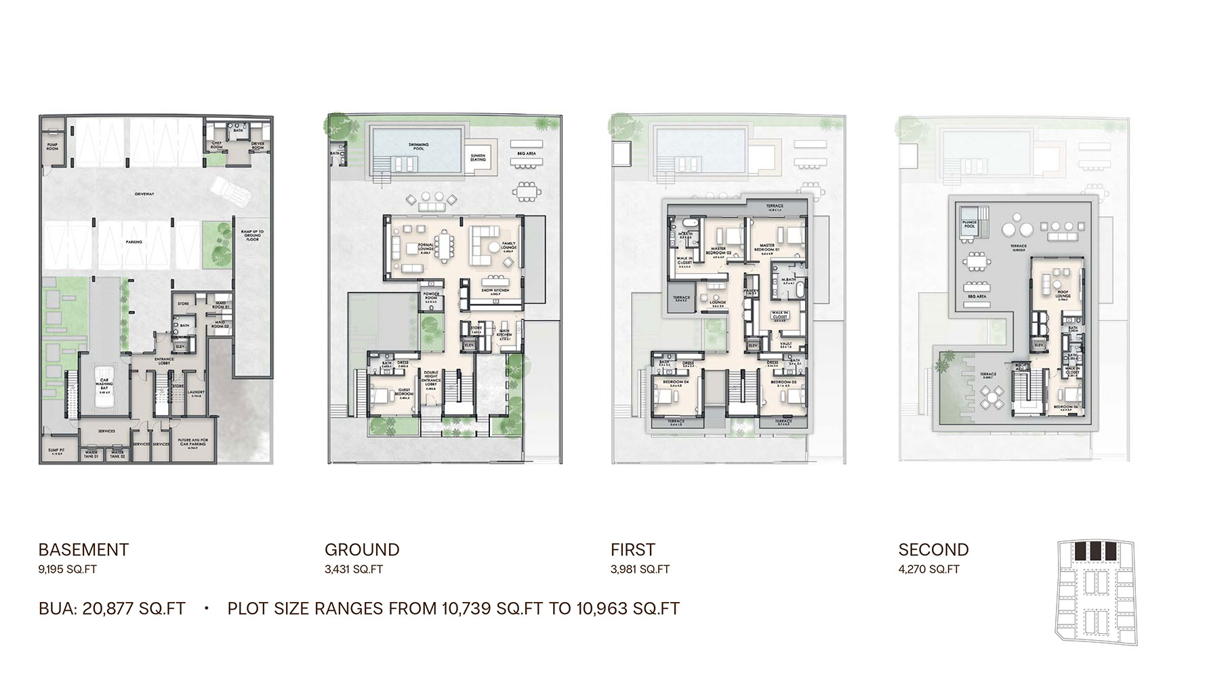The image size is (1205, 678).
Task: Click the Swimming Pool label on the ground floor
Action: coord(418,146)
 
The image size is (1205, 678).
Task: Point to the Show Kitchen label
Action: coord(495,291)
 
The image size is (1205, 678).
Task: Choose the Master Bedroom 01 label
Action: coord(767,247)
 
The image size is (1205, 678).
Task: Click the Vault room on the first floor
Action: coord(786,344)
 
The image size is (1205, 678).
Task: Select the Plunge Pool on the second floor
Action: coord(970,225)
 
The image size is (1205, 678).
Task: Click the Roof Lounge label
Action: coord(1063,294)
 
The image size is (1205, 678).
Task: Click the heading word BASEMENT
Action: coord(83,549)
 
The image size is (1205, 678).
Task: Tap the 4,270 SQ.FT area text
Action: coord(928,570)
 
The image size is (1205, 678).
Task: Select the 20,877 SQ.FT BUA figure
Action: coord(134,608)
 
